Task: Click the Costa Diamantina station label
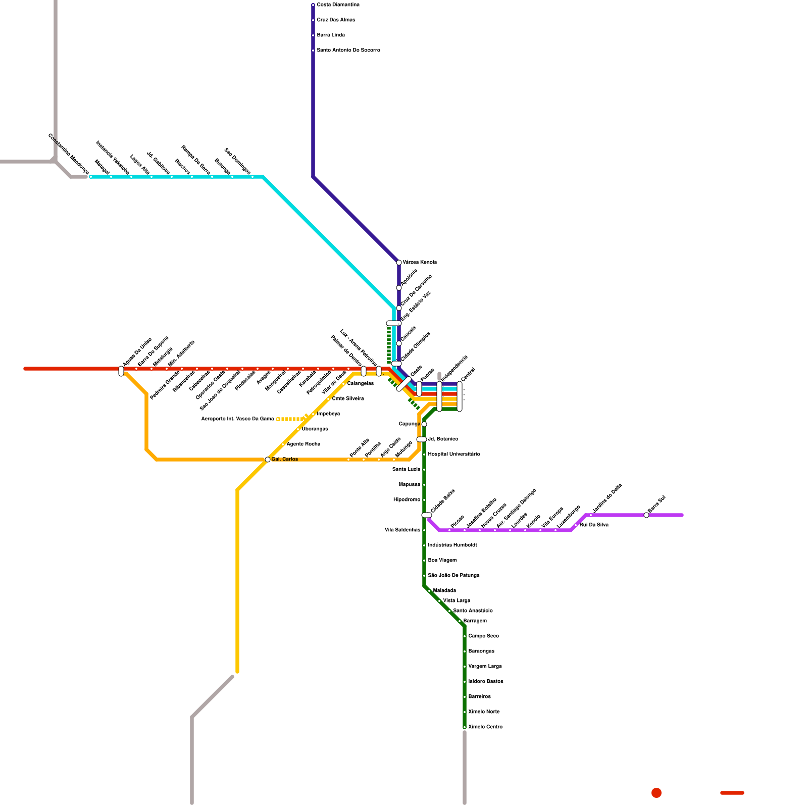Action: point(338,5)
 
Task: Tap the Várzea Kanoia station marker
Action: point(399,263)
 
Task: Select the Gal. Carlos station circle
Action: point(268,460)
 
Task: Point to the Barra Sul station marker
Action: point(646,515)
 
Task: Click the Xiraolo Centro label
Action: point(485,727)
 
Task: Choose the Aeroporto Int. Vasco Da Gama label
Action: point(237,419)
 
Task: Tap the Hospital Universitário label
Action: point(454,454)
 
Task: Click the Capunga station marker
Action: point(424,424)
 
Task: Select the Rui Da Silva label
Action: point(594,525)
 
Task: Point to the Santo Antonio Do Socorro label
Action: point(348,50)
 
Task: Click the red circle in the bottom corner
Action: point(656,793)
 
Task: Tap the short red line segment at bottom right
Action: point(732,793)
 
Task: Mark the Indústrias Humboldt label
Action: point(452,545)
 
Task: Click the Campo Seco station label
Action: point(483,636)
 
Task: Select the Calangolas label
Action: point(361,384)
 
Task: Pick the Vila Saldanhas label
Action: point(402,530)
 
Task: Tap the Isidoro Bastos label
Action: point(486,682)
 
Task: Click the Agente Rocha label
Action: point(303,444)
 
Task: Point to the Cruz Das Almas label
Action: point(336,20)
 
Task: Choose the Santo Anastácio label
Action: point(473,611)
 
